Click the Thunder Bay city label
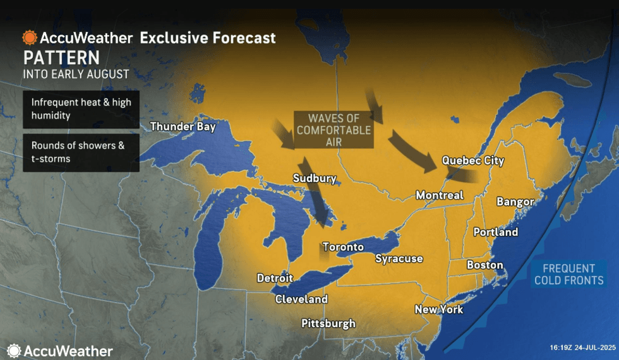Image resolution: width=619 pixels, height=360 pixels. tap(183, 126)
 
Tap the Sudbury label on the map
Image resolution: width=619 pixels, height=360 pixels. tap(315, 178)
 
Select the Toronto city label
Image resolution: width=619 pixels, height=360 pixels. tap(342, 246)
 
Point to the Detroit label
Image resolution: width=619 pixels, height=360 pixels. tap(275, 278)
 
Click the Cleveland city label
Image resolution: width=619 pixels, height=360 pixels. tap(301, 299)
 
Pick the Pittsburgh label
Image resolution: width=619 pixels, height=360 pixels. tap(328, 323)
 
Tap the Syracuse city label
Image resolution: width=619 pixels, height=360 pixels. tap(399, 258)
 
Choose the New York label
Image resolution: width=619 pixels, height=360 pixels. tap(438, 309)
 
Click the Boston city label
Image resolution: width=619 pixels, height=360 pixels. tap(484, 265)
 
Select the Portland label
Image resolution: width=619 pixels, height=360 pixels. tap(495, 232)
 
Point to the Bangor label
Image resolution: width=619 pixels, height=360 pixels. tap(515, 201)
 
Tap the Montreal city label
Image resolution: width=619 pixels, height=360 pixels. tap(439, 195)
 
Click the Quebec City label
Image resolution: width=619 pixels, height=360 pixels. tap(472, 160)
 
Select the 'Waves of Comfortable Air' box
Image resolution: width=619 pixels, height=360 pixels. tap(334, 130)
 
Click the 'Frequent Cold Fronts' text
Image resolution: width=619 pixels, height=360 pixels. tap(568, 274)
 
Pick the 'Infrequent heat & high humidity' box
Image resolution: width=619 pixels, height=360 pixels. tap(81, 109)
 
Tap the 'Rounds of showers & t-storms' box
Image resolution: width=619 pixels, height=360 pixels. tap(81, 152)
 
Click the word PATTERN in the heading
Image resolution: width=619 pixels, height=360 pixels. tap(61, 58)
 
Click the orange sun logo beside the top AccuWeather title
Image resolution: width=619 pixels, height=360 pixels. tap(30, 37)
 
